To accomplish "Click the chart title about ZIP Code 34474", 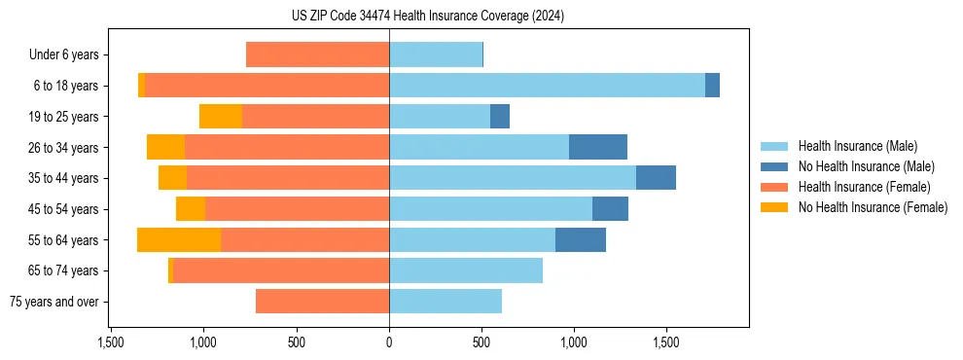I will coord(482,17).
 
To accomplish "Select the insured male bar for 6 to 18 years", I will coord(547,86).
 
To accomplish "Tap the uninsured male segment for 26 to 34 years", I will coord(597,147).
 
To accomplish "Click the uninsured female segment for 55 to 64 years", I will coord(179,240).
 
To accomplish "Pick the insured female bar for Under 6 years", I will coord(317,54).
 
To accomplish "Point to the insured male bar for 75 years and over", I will coord(446,302).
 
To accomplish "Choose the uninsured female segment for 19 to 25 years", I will coord(221,117).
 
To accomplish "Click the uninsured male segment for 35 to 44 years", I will coord(656,178).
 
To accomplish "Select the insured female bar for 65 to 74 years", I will coord(280,270).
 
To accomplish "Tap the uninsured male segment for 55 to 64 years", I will coord(581,240).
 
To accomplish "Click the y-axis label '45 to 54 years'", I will coord(63,209).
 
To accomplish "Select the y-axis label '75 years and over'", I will coord(53,302).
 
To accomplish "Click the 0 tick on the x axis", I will coord(389,342).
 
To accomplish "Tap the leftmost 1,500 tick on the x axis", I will coord(111,342).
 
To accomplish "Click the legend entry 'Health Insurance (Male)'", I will coord(857,146).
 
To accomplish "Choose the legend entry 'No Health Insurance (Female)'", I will coord(873,207).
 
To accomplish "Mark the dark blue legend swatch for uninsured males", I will coord(774,166).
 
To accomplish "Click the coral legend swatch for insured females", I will coord(774,187).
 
